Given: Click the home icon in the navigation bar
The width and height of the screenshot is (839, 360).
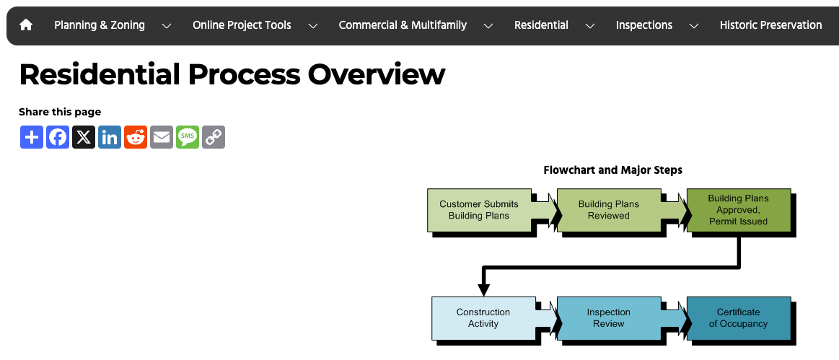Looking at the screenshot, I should point(26,25).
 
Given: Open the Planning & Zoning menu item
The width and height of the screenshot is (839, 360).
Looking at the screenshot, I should point(100,25).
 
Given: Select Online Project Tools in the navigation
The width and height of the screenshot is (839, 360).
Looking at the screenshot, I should point(242,25).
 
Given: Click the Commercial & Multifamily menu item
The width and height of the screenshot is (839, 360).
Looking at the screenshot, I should point(403,25).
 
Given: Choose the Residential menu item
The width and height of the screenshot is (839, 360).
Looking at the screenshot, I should point(541,25).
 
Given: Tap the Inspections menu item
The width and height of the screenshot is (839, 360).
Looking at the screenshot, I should point(643,25).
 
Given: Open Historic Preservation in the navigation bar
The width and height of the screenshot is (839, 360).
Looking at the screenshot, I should point(770,25).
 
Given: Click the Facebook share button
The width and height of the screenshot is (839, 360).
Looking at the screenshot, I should point(58,137).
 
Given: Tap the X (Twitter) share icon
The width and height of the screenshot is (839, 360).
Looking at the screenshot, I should point(84,137).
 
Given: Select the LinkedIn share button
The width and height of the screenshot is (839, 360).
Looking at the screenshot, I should point(110,137).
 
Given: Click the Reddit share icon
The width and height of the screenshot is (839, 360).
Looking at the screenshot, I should point(136,137).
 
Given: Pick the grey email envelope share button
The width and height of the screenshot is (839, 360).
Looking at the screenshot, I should point(162,137).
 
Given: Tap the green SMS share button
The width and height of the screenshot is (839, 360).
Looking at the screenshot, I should point(188,137).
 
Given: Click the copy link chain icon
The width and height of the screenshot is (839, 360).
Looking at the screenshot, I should point(214,137).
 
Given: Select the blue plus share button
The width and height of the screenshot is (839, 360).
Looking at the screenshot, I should point(32,137).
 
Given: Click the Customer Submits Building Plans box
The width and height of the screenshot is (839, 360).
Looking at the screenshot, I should point(479,210).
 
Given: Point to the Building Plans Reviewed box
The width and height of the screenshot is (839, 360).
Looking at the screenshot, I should point(608,210).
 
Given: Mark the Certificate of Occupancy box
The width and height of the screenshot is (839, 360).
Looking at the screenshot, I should point(738,318).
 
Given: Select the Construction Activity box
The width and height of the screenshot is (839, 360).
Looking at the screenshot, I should point(483,318).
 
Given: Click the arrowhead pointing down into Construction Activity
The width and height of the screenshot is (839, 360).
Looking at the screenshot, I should point(483,289).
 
